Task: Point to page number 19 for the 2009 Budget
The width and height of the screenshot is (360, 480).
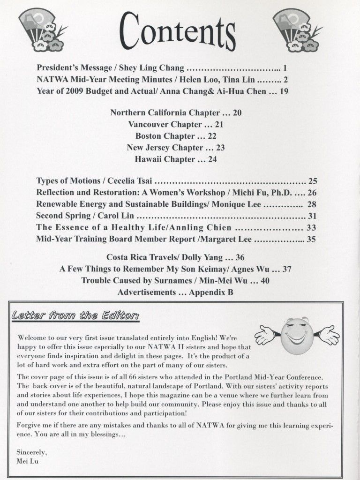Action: (285, 91)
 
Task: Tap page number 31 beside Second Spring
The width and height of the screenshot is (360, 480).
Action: (312, 216)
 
